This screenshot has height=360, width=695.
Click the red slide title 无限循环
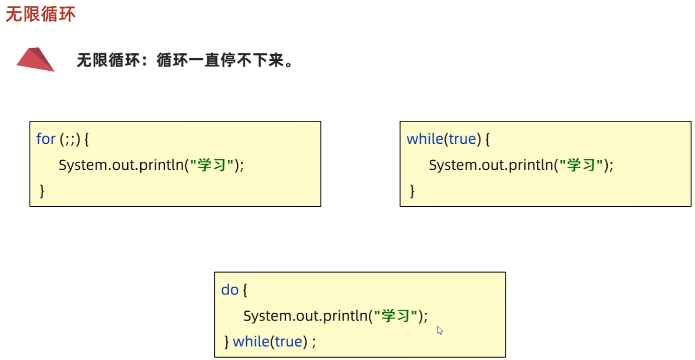(40, 14)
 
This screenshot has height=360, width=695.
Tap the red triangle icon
(35, 59)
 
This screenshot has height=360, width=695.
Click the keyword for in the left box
(46, 139)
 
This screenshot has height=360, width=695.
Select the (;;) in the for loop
(70, 139)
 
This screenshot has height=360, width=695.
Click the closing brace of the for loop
(42, 191)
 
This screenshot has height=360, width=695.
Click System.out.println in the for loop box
(121, 165)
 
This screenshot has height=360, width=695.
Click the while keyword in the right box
(424, 139)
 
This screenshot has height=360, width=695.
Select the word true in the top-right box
(462, 139)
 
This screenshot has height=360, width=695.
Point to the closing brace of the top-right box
(412, 191)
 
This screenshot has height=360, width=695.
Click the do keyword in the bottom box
(230, 290)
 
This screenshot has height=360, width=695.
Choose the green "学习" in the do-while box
(396, 316)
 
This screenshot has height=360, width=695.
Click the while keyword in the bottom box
(251, 342)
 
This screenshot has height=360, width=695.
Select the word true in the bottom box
(288, 342)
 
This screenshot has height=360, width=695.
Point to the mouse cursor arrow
(440, 330)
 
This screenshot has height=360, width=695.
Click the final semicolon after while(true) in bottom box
(314, 343)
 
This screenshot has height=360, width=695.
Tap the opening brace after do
(245, 290)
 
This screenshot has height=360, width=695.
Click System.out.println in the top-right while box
(491, 165)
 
